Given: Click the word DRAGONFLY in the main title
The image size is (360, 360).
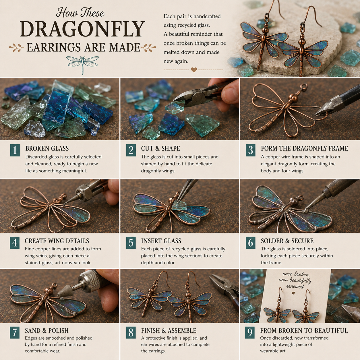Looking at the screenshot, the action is tap(82, 29).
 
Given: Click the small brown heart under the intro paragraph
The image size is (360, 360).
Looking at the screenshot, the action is tap(194, 70).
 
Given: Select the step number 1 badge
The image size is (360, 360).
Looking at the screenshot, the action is tap(15, 150).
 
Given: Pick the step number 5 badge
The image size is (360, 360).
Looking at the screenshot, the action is tap(131, 243).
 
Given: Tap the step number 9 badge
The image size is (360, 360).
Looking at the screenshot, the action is tap(249, 332).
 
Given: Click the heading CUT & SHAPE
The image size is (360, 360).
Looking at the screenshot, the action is tap(160, 148).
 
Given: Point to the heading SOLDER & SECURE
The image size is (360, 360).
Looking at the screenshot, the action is tap(287, 241).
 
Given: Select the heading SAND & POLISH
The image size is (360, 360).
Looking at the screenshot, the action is tap(47, 330).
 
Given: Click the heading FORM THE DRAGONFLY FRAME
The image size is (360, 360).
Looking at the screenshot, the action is tap(304, 148).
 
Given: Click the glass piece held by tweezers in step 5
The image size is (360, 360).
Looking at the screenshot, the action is tap(179, 206).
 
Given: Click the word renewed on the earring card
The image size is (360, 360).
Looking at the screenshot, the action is tap(295, 286).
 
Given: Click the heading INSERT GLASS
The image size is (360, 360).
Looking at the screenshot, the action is tap(161, 241).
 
